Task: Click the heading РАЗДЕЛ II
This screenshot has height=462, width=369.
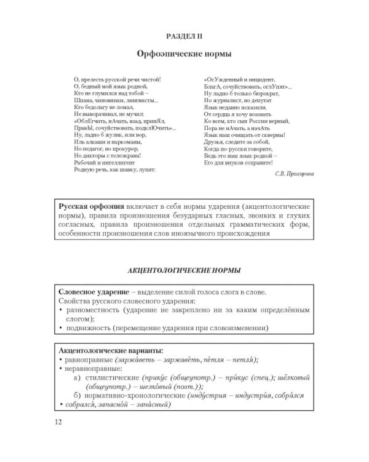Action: (x=184, y=36)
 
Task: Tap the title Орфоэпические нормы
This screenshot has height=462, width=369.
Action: (x=184, y=54)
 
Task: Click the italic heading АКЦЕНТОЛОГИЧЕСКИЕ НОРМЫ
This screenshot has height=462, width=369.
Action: (x=184, y=270)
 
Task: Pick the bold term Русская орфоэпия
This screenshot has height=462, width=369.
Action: (x=91, y=204)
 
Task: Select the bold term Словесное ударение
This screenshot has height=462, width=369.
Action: (x=92, y=291)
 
